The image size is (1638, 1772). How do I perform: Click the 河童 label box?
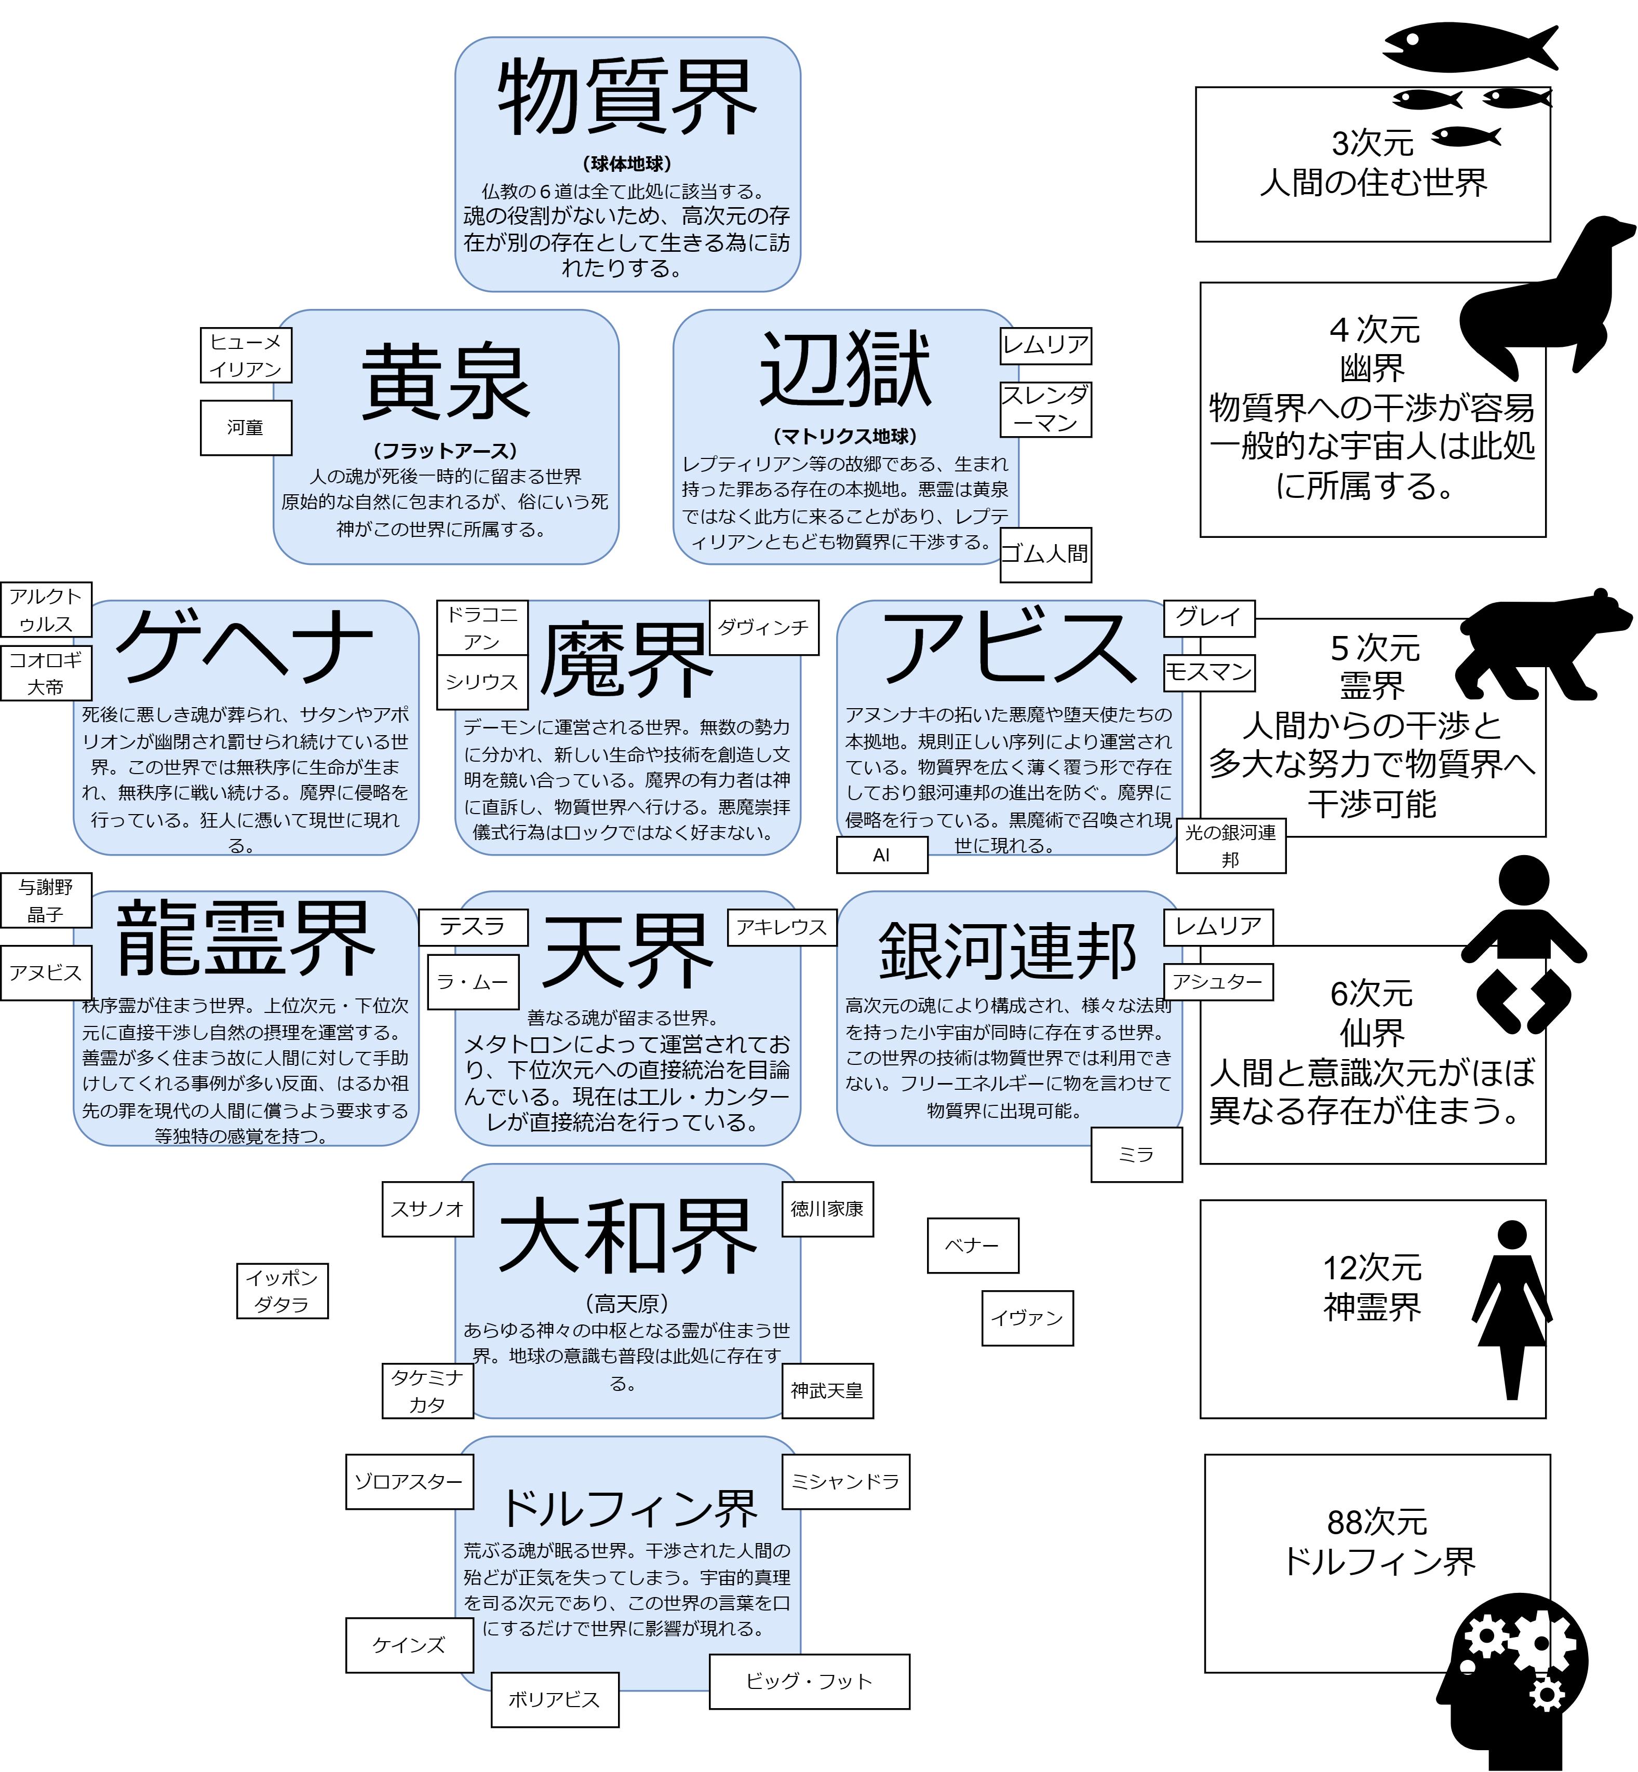pos(246,427)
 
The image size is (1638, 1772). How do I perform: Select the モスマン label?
pos(1209,672)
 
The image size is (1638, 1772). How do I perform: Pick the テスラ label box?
pos(473,927)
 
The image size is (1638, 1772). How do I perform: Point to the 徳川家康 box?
pos(827,1209)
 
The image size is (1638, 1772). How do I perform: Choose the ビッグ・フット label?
pos(809,1681)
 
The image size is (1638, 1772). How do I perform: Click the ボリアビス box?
pos(554,1699)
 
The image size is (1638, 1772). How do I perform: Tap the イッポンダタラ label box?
pos(282,1290)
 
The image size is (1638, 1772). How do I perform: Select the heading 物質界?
pos(627,98)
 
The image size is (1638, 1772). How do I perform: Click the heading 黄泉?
pos(445,383)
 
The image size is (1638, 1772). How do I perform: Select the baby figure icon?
pos(1523,943)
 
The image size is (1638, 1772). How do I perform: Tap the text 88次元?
pos(1377,1522)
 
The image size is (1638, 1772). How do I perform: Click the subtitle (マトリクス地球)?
pos(844,436)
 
